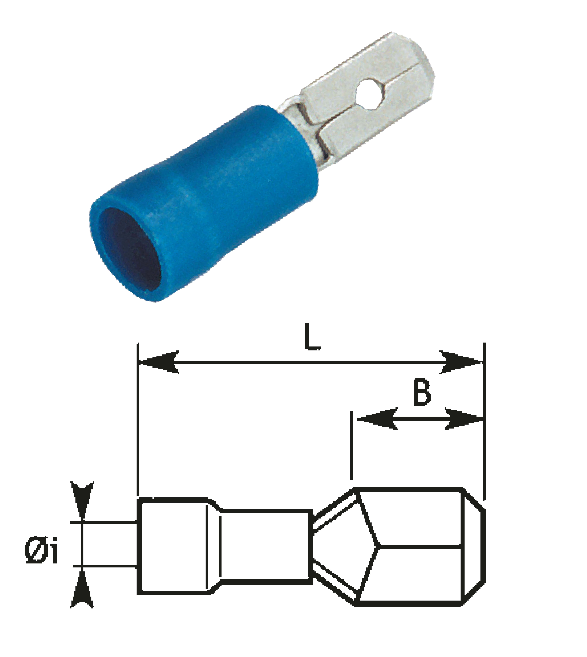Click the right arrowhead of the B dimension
(x=464, y=419)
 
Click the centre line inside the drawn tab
(x=419, y=546)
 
